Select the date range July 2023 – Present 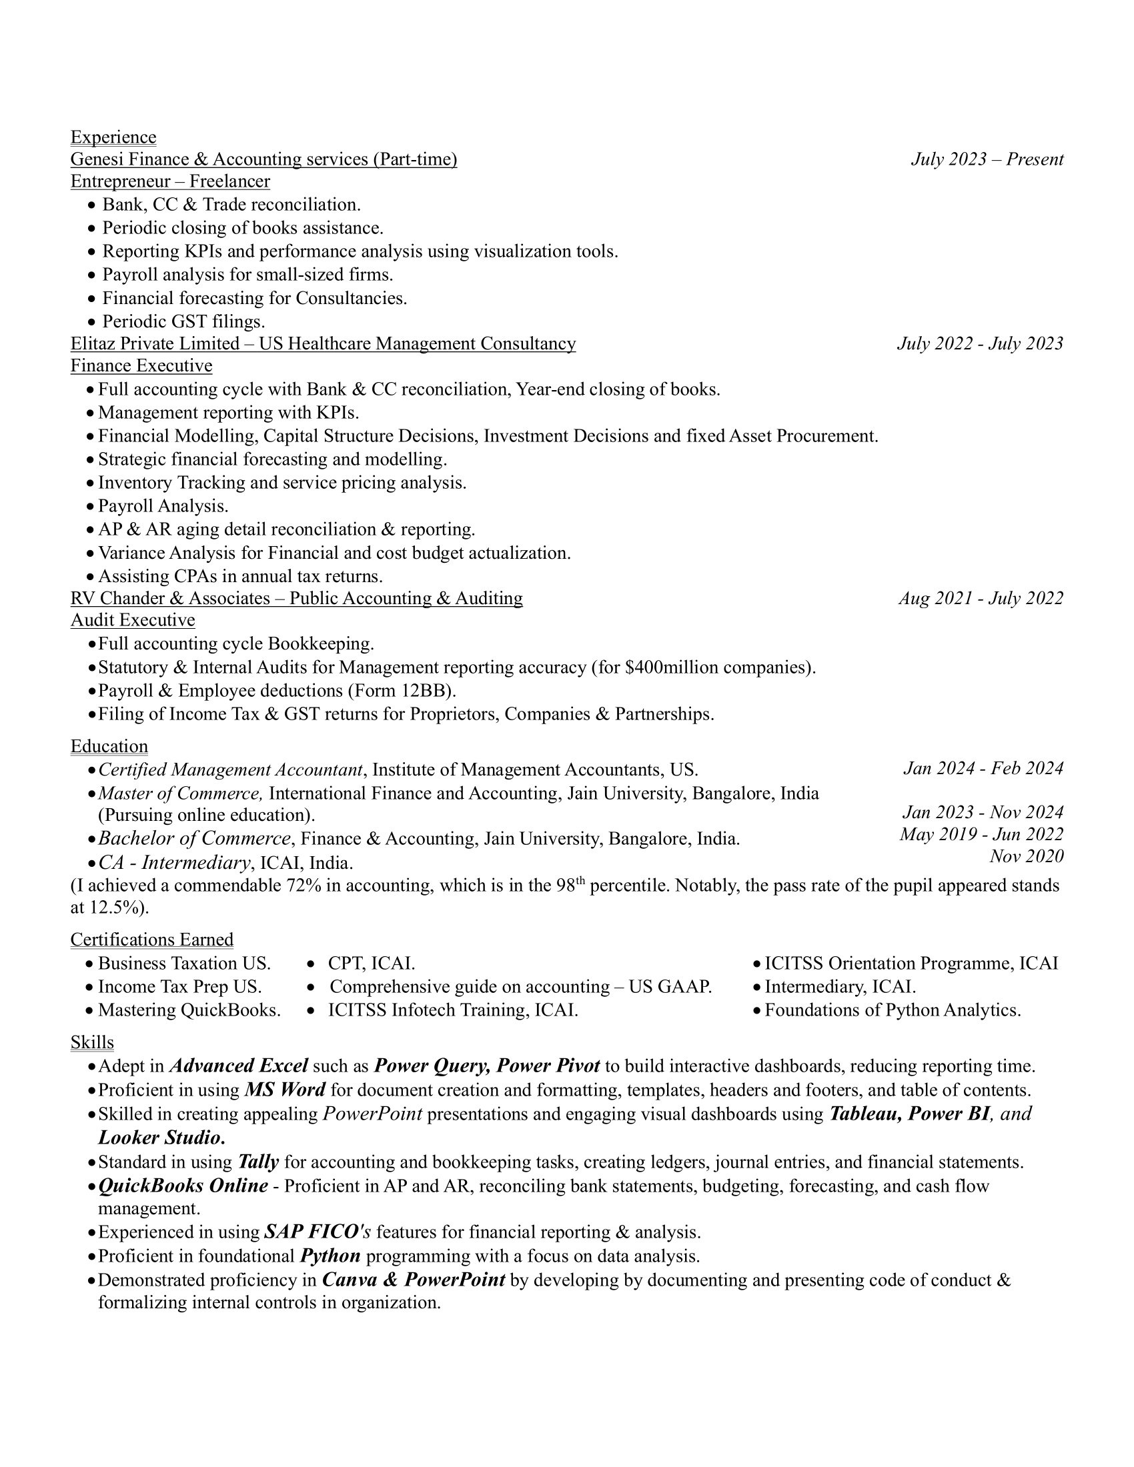tap(987, 159)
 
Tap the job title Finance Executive tap(141, 365)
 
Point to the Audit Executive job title tap(132, 619)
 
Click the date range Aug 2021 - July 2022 tap(981, 598)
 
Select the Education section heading tap(109, 746)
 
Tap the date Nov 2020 tap(1026, 856)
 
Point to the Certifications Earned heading tap(152, 939)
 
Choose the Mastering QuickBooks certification tap(189, 1010)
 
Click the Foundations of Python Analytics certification tap(892, 1010)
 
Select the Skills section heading tap(92, 1042)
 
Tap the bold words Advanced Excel tap(239, 1066)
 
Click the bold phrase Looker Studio tap(161, 1137)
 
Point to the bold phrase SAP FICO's tap(317, 1232)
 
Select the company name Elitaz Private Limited tap(155, 344)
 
